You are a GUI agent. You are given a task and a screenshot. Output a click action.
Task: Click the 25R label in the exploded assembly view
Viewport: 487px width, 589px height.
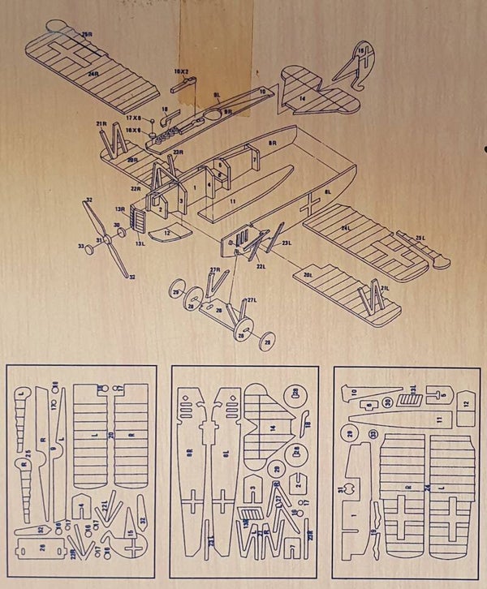pos(87,35)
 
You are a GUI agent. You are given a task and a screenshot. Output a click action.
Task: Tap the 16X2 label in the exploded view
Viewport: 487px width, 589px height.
pos(181,71)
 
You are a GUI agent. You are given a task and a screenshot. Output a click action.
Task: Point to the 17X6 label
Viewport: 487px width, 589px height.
pos(134,118)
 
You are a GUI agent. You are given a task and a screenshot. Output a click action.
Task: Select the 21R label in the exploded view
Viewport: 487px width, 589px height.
pos(101,123)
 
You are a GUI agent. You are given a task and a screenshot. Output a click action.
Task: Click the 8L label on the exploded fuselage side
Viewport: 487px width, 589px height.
pos(327,191)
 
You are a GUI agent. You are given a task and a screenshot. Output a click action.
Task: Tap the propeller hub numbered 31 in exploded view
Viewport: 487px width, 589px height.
pos(100,240)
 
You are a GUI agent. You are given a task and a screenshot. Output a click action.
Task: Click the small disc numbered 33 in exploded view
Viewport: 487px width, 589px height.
pos(80,245)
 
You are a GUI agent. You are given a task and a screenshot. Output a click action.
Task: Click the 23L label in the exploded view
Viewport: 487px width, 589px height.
pos(287,243)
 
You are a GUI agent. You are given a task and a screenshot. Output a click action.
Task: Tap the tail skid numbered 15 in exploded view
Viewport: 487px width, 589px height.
pos(360,51)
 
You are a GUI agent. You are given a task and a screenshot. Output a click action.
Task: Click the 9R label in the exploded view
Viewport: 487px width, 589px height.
pos(228,111)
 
